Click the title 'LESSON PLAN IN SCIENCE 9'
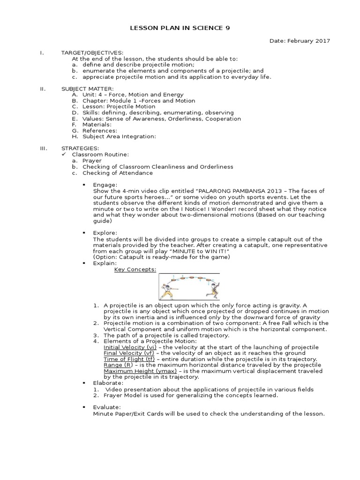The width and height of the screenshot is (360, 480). point(180,29)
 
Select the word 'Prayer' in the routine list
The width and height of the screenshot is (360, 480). point(92,160)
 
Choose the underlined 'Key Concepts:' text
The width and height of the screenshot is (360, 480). point(135,270)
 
